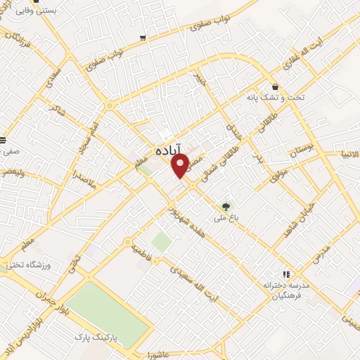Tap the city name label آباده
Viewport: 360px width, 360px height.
169,149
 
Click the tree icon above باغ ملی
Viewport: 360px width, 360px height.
226,207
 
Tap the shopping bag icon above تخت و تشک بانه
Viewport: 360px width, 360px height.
275,86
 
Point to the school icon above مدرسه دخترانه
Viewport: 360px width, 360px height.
285,274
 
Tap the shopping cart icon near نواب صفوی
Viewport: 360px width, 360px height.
143,37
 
